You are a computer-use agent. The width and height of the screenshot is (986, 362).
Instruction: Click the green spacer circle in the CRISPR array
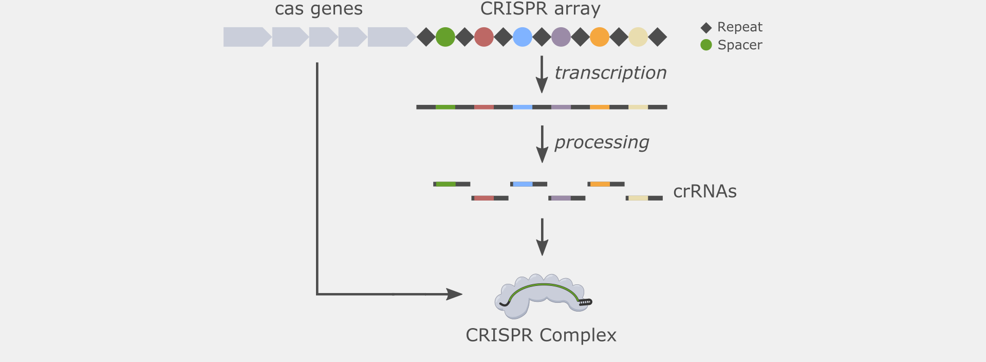(x=445, y=37)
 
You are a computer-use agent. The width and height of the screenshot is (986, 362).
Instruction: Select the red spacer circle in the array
(x=484, y=37)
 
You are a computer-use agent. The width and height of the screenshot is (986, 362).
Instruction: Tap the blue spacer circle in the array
(x=523, y=37)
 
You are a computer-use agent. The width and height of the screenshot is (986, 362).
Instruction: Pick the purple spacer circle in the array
(x=561, y=37)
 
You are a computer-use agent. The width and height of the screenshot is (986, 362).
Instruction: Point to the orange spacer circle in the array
(x=600, y=37)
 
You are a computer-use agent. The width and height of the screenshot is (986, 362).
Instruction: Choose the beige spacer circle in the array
(x=638, y=37)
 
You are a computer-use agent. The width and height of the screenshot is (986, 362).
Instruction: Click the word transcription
(x=610, y=73)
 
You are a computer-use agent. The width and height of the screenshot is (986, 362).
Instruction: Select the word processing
(x=602, y=142)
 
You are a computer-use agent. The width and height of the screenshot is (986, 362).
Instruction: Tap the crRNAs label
(x=705, y=191)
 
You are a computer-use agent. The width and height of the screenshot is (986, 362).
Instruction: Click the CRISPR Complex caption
(x=541, y=335)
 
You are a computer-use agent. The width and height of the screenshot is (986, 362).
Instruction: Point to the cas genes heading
(x=319, y=9)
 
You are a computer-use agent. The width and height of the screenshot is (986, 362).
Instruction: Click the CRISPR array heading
(x=541, y=9)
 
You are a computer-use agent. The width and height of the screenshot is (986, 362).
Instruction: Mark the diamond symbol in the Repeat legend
(x=706, y=28)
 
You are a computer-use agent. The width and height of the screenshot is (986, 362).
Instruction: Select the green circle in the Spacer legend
(x=706, y=45)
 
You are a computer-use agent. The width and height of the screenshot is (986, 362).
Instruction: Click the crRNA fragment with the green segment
(x=452, y=184)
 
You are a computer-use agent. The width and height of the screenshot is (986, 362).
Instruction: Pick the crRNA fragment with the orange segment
(x=606, y=184)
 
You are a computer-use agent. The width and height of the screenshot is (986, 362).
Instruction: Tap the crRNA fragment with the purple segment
(x=567, y=198)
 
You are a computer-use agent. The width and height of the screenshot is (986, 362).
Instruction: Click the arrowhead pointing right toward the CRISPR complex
(x=454, y=294)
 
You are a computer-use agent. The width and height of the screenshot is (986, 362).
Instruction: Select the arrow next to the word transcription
(x=542, y=75)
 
